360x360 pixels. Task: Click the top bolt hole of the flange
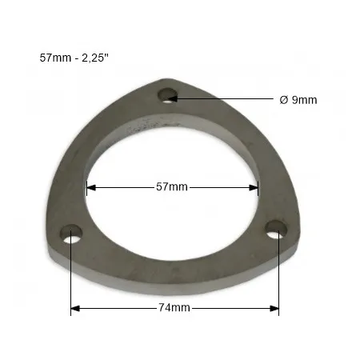coord(167,97)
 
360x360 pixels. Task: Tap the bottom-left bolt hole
coord(72,237)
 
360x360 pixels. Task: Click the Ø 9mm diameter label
coord(298,99)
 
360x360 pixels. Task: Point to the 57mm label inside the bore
coord(171,187)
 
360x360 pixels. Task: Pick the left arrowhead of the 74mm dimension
coord(75,307)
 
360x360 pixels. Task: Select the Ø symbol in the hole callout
coord(284,99)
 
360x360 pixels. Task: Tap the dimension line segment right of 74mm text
coord(232,307)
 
